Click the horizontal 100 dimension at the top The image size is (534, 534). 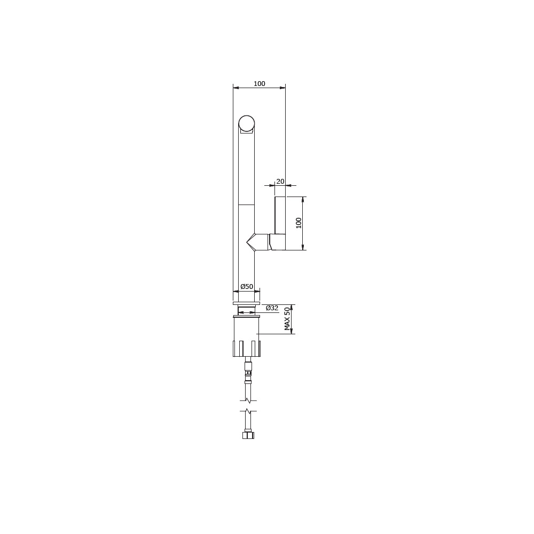[x=259, y=84]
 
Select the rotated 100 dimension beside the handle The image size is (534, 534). [x=299, y=223]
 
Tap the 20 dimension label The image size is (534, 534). [x=280, y=182]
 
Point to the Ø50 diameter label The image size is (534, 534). [x=247, y=286]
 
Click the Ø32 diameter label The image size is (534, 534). [x=272, y=308]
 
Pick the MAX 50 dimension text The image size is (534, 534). [x=287, y=319]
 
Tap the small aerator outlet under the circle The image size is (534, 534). [x=247, y=130]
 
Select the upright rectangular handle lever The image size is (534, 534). [x=280, y=215]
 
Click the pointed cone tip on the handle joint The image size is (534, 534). [x=247, y=242]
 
